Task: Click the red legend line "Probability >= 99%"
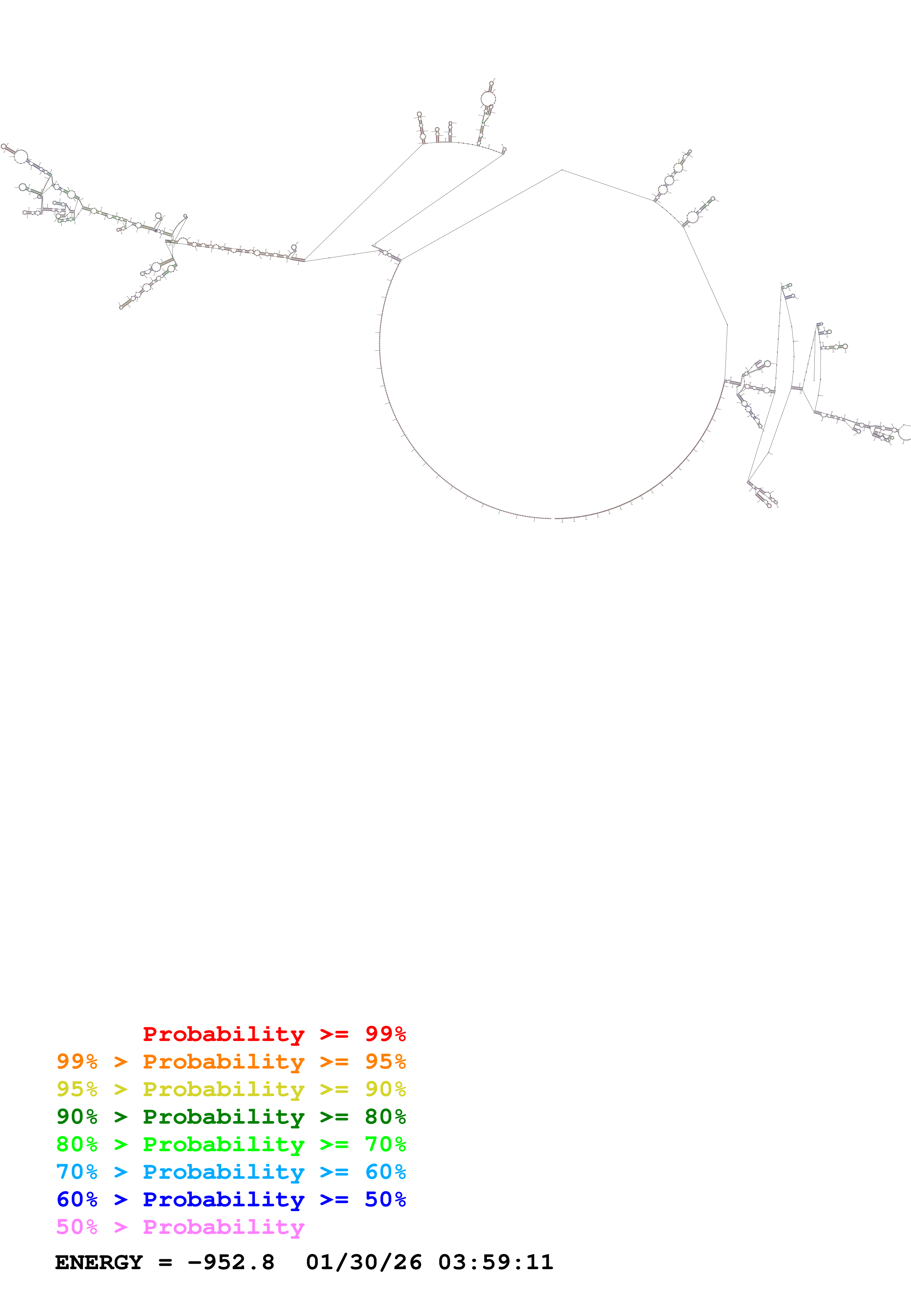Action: click(x=274, y=1034)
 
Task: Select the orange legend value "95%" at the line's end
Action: click(x=385, y=1062)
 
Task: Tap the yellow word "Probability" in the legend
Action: click(x=223, y=1089)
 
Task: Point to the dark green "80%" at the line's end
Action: click(x=385, y=1117)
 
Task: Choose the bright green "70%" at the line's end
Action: click(x=385, y=1144)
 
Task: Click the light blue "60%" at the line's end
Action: click(x=385, y=1172)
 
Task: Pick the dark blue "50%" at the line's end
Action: click(x=385, y=1199)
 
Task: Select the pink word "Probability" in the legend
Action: click(x=223, y=1227)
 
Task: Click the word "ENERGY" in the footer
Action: click(x=99, y=1262)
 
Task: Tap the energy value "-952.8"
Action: click(x=231, y=1262)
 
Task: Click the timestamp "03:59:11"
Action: click(x=496, y=1262)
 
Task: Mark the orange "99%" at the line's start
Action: click(x=77, y=1062)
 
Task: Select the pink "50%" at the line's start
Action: click(x=77, y=1227)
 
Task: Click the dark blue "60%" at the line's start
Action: click(x=77, y=1199)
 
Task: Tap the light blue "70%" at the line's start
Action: click(x=77, y=1172)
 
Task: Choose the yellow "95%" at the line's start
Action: click(x=77, y=1089)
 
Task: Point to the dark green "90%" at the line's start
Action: click(x=77, y=1117)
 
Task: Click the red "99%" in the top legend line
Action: click(x=385, y=1034)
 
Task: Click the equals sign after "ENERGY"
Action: click(x=165, y=1263)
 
